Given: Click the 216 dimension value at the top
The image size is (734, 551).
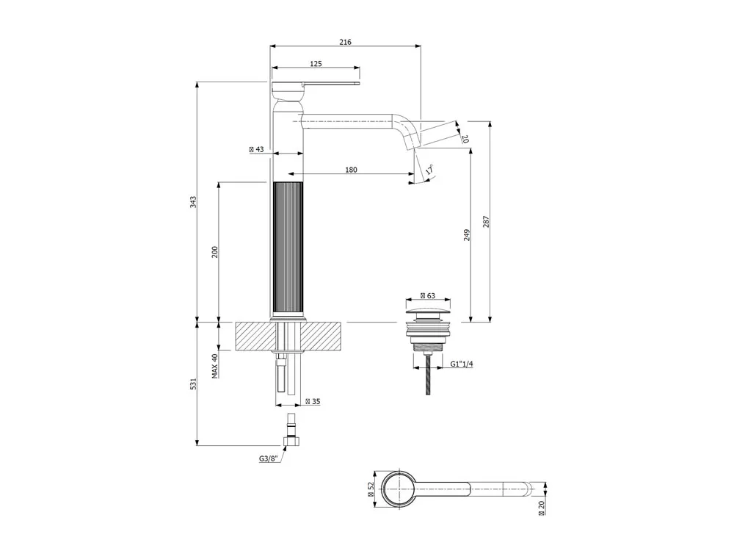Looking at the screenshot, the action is [345, 42].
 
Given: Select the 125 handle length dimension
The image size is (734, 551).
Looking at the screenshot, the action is [316, 64].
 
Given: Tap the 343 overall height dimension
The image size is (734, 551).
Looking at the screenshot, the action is [193, 202].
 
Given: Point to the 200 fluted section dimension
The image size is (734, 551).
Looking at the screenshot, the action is [215, 252].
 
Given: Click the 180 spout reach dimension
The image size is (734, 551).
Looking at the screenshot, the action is [351, 170].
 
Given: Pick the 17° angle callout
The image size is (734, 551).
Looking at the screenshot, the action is [429, 170].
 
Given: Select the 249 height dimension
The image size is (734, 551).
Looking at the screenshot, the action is [467, 235].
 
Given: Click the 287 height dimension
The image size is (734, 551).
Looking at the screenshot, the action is [486, 222].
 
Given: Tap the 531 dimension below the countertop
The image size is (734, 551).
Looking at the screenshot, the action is [193, 383].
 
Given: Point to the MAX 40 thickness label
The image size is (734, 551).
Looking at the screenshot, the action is [215, 366].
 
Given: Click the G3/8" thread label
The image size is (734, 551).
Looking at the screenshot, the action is [269, 458].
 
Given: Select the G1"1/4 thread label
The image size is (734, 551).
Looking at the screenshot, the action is [462, 364].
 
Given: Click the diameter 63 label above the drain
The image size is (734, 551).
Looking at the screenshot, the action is [428, 295].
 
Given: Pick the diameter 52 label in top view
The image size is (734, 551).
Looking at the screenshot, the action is [370, 489].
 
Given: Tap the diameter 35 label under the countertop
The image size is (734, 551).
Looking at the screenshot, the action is [313, 402].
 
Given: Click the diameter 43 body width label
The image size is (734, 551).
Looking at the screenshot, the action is [256, 149].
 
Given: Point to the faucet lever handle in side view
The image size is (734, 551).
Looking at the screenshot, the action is [316, 84].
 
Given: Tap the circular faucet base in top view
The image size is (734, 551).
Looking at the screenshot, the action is [399, 489].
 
